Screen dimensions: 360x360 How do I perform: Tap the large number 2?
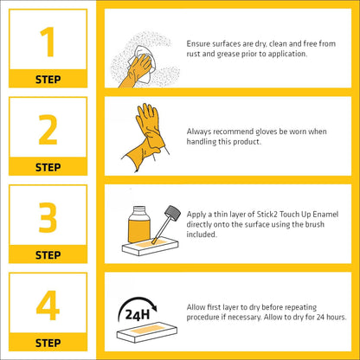tap(48, 130)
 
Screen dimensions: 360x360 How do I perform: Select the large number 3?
tap(48, 217)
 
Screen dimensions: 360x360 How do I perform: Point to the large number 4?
tap(48, 305)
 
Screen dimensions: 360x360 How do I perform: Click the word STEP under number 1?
tap(48, 80)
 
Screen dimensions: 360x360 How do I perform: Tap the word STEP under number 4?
tap(48, 343)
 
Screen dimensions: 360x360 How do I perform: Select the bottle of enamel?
tap(138, 224)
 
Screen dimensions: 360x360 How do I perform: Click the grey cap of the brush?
tap(172, 213)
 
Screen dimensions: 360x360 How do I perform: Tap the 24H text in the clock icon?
tap(138, 315)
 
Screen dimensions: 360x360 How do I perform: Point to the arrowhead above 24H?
tap(154, 307)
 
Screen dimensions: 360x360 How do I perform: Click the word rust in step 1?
tap(193, 54)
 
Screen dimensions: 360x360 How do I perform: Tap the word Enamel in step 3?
tap(325, 215)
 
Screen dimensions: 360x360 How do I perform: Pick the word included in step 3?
tap(201, 235)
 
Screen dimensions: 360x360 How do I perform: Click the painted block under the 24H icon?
tap(147, 331)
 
